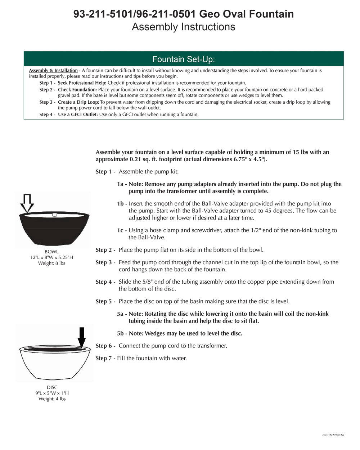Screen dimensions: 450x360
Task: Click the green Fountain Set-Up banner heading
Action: (x=183, y=59)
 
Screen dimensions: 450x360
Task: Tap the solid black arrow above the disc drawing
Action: (x=82, y=337)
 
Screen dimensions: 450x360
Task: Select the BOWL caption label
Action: (x=51, y=252)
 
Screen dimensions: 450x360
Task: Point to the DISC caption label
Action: (x=52, y=387)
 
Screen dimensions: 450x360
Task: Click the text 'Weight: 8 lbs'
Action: (x=51, y=263)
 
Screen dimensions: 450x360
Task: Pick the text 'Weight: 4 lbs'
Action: (x=52, y=399)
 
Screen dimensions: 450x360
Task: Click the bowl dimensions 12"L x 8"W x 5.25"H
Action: (x=51, y=257)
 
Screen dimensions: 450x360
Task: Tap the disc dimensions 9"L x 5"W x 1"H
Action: (x=52, y=393)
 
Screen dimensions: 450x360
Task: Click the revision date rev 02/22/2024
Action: (x=333, y=435)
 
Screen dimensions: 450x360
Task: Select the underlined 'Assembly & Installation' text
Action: (x=53, y=71)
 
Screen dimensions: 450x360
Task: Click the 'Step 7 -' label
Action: (x=105, y=358)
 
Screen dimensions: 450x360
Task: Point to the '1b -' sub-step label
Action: (x=122, y=204)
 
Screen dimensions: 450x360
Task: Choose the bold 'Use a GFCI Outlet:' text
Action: (x=78, y=114)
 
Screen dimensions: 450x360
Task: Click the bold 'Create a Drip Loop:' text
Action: (x=78, y=102)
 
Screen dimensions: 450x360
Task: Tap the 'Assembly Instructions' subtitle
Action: (x=183, y=27)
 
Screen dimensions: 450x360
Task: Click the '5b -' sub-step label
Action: (x=122, y=333)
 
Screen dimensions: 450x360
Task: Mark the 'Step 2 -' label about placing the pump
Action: (x=105, y=250)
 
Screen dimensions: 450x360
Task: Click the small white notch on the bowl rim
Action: (x=55, y=215)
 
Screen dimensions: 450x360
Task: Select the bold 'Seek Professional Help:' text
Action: (x=82, y=83)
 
